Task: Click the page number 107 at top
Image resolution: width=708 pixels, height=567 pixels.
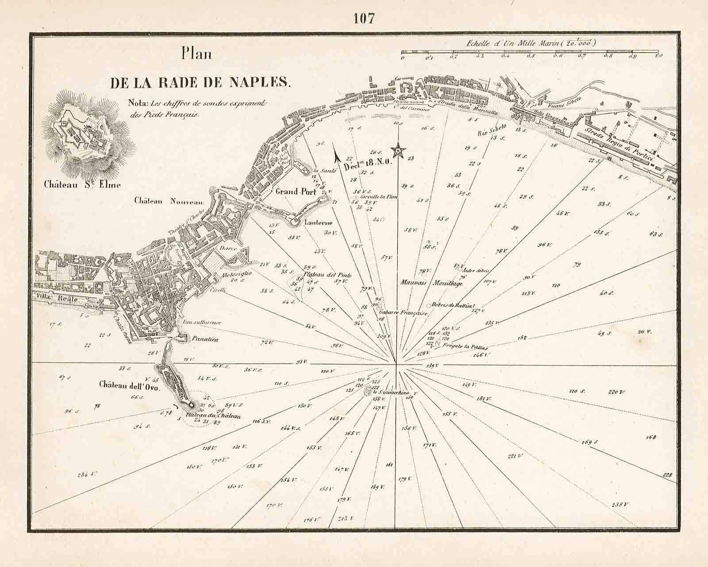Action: click(364, 18)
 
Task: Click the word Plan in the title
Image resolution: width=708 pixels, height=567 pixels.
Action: click(196, 54)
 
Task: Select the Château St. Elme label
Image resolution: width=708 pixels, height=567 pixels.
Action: click(82, 185)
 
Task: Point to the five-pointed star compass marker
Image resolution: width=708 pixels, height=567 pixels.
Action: click(399, 151)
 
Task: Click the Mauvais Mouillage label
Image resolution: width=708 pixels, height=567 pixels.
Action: click(431, 283)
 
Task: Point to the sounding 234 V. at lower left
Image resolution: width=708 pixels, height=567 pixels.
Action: click(87, 474)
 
